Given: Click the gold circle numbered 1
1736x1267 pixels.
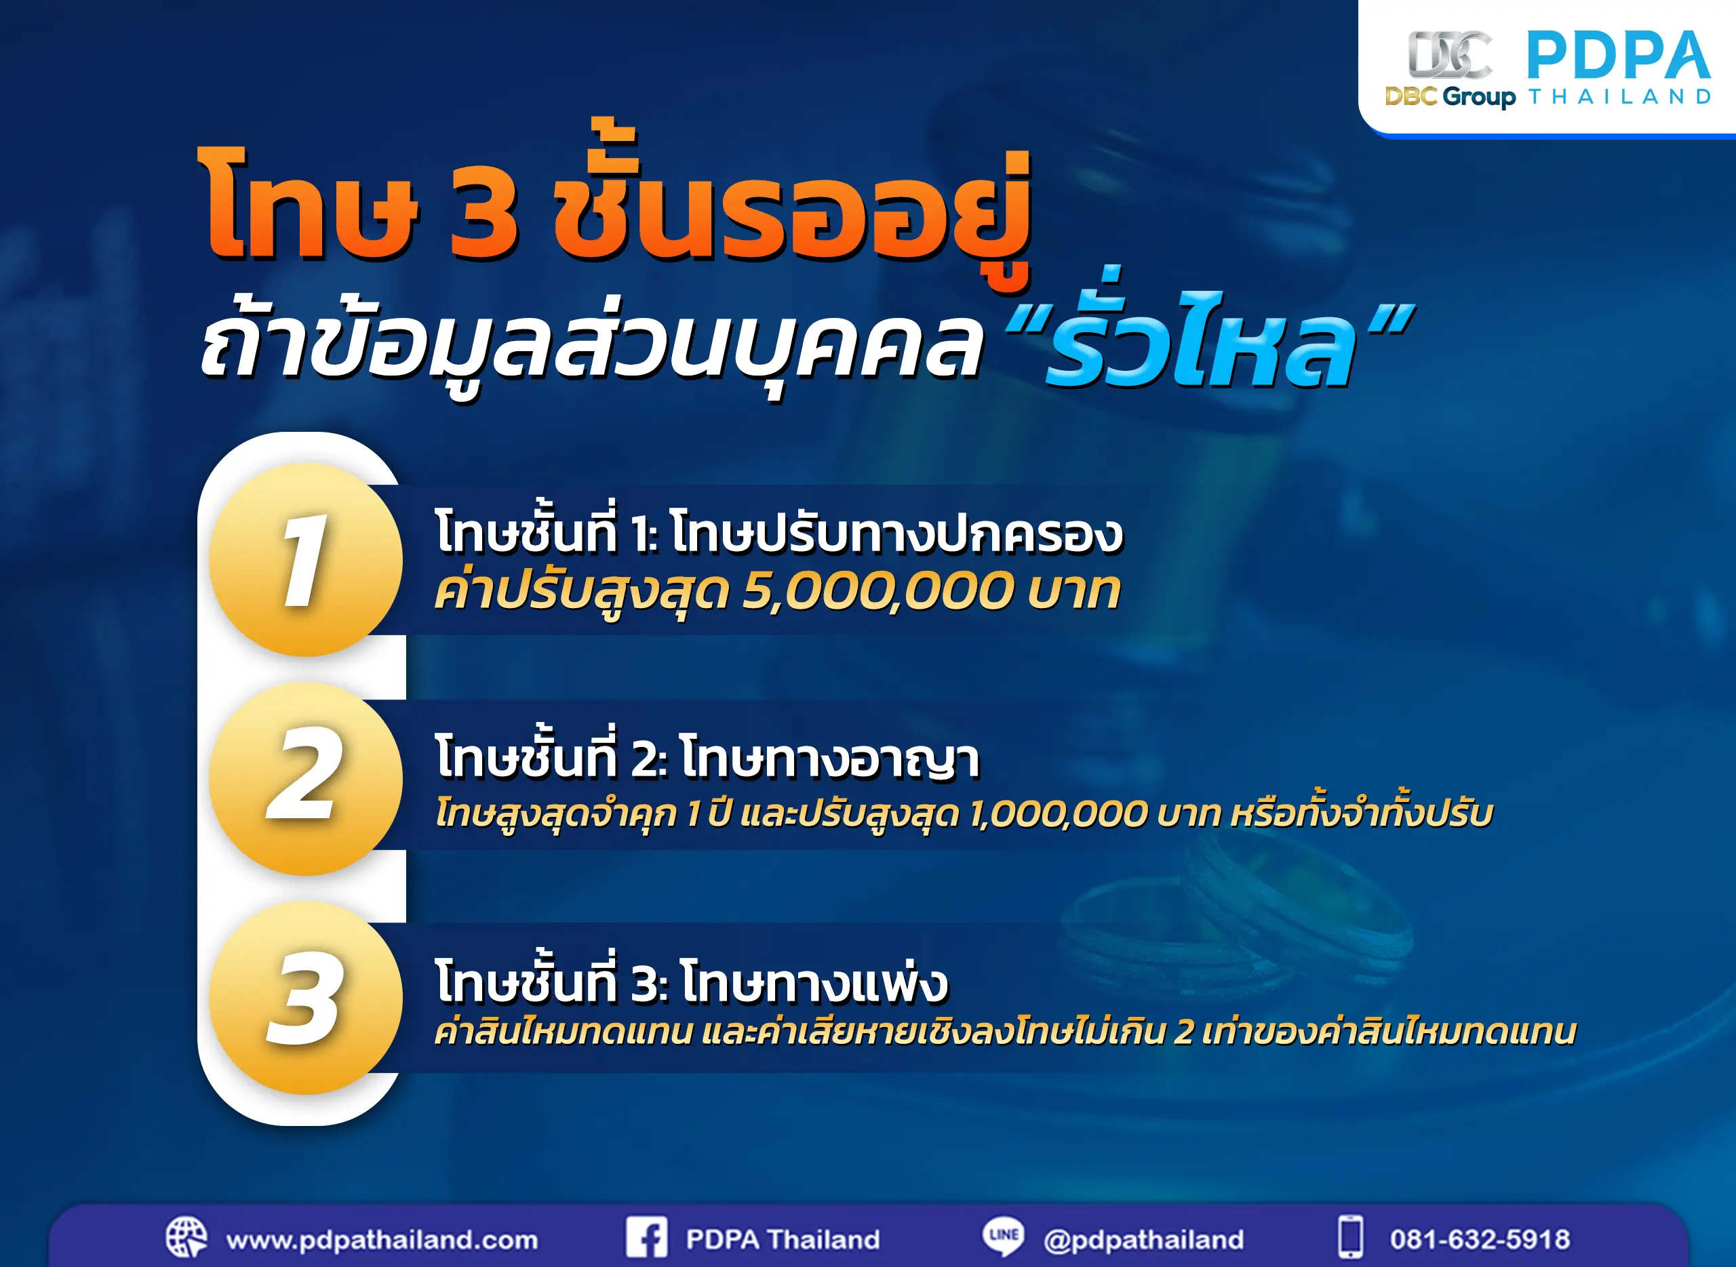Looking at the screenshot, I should click(305, 559).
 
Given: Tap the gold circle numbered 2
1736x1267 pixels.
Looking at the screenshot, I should click(305, 778).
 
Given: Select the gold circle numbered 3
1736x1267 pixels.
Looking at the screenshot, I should click(305, 998).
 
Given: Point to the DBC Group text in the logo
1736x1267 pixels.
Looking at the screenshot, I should click(1450, 97).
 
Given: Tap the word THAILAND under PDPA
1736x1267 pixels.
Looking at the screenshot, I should click(1619, 98).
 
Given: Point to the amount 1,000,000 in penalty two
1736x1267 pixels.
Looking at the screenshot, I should click(1059, 813).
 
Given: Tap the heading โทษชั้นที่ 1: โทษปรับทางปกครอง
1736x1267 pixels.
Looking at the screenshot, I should click(778, 533).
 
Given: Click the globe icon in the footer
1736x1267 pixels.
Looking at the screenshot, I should click(186, 1238).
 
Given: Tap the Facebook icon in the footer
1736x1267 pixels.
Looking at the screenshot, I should click(646, 1238).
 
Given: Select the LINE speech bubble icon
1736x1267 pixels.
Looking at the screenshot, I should click(1004, 1236).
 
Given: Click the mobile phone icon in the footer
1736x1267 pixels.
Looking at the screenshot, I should click(1351, 1237).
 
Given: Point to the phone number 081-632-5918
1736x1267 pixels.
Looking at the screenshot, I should click(1480, 1239).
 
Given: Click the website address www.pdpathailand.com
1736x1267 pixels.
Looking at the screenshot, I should click(382, 1239).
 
